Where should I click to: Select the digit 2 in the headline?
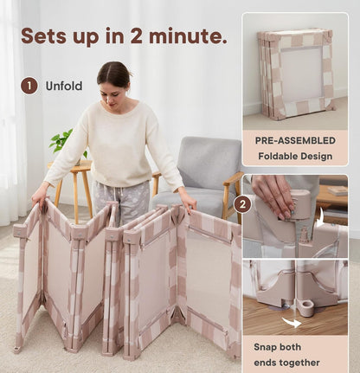(137, 35)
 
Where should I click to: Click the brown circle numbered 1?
(29, 86)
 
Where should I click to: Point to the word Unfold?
(64, 86)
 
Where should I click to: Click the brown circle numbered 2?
(243, 204)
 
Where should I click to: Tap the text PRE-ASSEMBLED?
(295, 140)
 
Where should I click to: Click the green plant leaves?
(64, 144)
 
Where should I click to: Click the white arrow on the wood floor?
(292, 322)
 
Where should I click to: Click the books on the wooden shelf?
(338, 190)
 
